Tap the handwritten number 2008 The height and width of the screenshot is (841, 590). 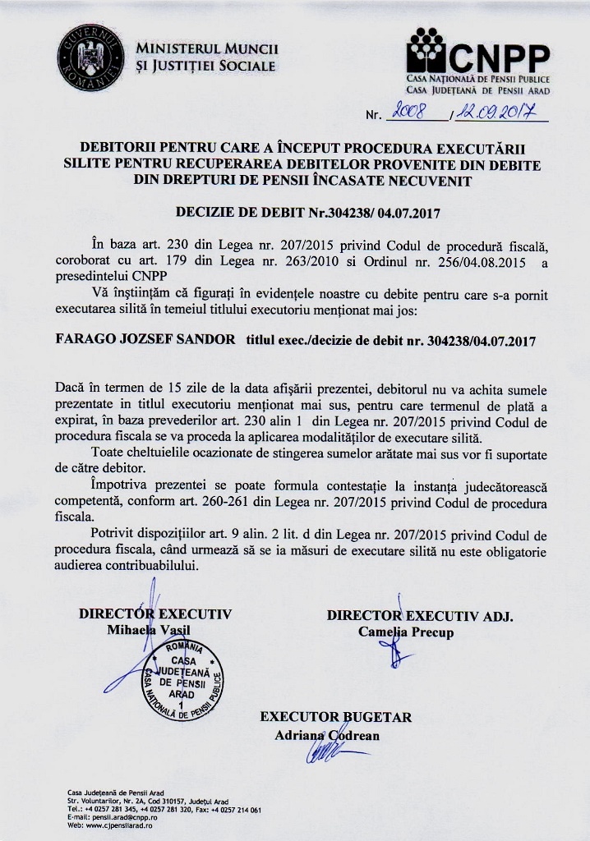pos(413,116)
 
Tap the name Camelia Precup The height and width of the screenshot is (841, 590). pos(405,632)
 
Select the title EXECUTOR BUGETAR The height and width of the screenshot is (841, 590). pos(336,717)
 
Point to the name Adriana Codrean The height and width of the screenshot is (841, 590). pos(327,735)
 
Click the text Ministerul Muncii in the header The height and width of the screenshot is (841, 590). pos(208,48)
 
